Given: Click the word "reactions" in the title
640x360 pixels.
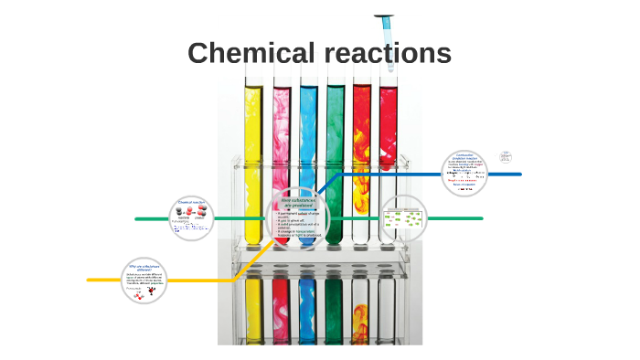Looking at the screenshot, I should pyautogui.click(x=388, y=53).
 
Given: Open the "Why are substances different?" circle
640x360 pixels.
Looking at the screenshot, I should pyautogui.click(x=146, y=280).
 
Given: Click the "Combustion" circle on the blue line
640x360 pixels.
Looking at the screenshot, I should pyautogui.click(x=465, y=174).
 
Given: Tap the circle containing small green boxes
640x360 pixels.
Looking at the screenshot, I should pyautogui.click(x=403, y=218).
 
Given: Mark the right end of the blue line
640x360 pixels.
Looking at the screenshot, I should pyautogui.click(x=519, y=174).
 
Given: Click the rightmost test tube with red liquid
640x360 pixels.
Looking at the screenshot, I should pyautogui.click(x=389, y=137).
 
